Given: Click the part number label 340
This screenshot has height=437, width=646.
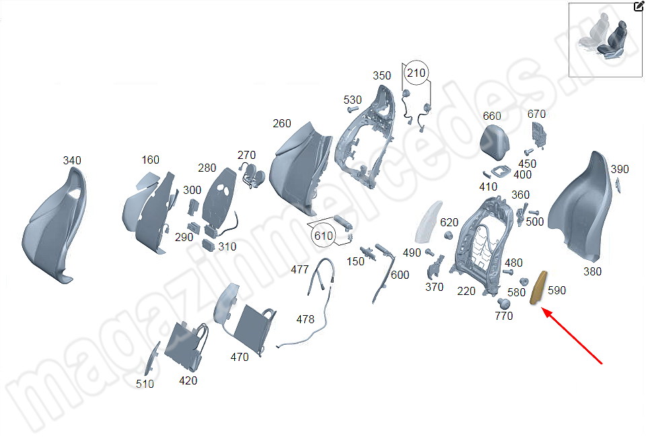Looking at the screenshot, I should (x=72, y=160).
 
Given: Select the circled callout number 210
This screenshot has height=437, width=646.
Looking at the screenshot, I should (x=416, y=73).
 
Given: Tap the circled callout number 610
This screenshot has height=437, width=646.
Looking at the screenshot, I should (x=322, y=235).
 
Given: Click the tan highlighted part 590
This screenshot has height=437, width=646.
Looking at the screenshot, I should (x=539, y=288).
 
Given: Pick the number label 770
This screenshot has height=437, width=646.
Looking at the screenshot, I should (x=503, y=316).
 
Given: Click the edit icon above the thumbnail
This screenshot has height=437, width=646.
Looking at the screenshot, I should (x=639, y=7).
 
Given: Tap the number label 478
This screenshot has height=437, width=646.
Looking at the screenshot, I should (x=305, y=319).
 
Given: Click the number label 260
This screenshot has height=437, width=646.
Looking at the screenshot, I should (x=282, y=124).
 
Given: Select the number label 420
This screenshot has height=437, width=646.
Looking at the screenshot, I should (x=188, y=380).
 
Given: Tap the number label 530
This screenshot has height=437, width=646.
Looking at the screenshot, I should (x=353, y=100).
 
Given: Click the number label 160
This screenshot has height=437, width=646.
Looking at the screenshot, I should (x=151, y=160).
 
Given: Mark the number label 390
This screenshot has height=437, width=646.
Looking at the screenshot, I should (x=619, y=169).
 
